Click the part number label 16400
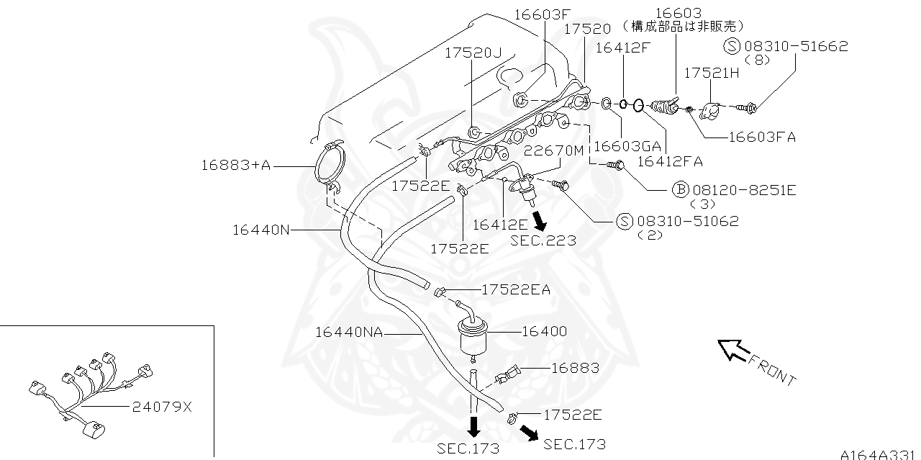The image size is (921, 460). point(543,332)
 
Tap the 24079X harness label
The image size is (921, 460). point(162,407)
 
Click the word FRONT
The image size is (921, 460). point(773,369)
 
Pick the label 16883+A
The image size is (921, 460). point(235,166)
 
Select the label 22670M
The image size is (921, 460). point(553,150)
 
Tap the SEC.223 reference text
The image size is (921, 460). point(543,240)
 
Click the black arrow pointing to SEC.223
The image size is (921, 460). point(538,220)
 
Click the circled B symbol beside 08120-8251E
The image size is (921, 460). point(680,190)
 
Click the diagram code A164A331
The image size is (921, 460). point(880,454)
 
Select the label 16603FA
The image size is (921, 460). point(762,137)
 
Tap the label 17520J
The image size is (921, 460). point(472,53)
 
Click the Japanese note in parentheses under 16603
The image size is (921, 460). point(686,27)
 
